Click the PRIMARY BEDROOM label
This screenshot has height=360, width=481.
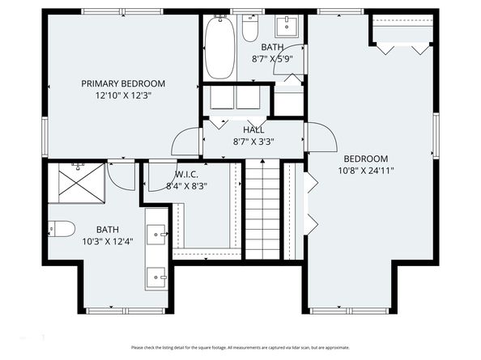(x=123, y=83)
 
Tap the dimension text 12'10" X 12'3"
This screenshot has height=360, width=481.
(x=123, y=95)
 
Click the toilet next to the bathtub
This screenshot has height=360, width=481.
(x=250, y=30)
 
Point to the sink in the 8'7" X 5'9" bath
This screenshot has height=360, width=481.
(x=287, y=27)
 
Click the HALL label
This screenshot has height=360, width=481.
(x=253, y=129)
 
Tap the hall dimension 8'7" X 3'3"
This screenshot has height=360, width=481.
(x=253, y=141)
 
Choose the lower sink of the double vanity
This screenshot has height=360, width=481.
(x=157, y=280)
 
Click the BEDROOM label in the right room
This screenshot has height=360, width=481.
(x=365, y=159)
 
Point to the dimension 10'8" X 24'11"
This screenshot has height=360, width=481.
(x=365, y=170)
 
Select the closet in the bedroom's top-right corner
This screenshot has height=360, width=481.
(x=403, y=32)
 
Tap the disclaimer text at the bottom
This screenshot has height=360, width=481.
(x=240, y=347)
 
